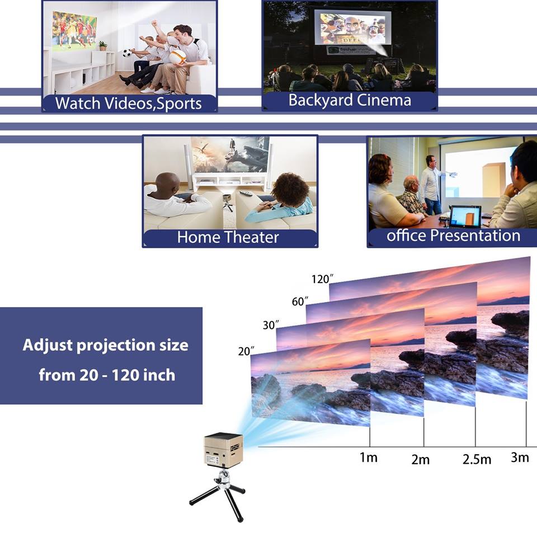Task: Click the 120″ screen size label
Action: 322,279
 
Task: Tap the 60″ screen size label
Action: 300,301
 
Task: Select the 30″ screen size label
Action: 271,324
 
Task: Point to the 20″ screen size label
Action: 246,351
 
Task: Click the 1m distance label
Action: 368,457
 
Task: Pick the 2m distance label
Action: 420,459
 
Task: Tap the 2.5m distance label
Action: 477,459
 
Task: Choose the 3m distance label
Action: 520,457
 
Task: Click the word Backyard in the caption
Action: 320,101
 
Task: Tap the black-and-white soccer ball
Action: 127,53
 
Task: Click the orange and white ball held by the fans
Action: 177,56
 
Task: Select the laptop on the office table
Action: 465,217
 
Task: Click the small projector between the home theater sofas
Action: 227,198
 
